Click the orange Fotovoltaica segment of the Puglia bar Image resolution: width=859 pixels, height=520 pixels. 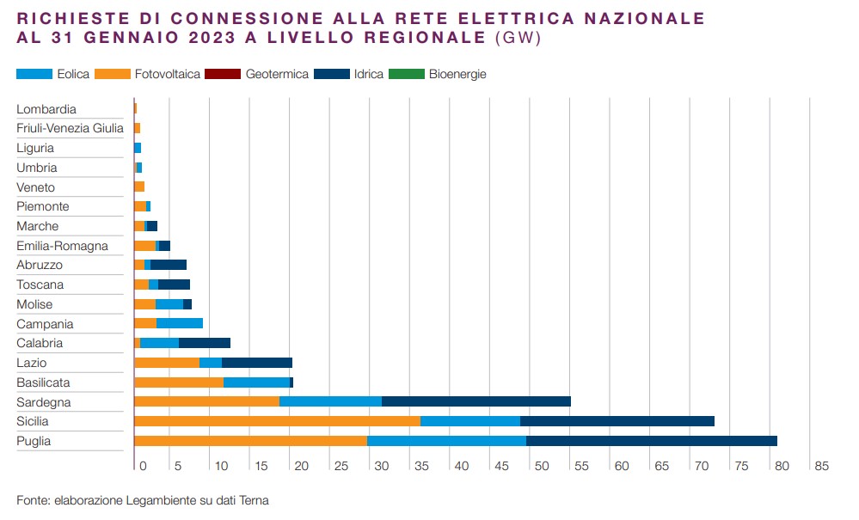pyautogui.click(x=250, y=441)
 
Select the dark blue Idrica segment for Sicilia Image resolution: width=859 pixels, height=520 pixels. pyautogui.click(x=617, y=421)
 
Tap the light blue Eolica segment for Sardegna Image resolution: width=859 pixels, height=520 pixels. pyautogui.click(x=330, y=401)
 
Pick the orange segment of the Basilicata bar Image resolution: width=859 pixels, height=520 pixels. pyautogui.click(x=178, y=382)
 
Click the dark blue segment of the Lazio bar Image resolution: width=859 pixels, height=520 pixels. pyautogui.click(x=256, y=363)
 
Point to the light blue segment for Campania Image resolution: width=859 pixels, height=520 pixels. pyautogui.click(x=179, y=323)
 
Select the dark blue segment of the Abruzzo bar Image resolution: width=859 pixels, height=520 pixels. pyautogui.click(x=168, y=265)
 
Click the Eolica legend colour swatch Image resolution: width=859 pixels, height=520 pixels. pyautogui.click(x=34, y=74)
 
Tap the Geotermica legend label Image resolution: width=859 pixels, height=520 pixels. pyautogui.click(x=277, y=74)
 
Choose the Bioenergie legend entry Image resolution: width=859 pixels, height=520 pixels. pyautogui.click(x=457, y=74)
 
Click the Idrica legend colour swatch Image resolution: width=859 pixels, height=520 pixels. pyautogui.click(x=331, y=74)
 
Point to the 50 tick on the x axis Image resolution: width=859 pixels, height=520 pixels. pyautogui.click(x=540, y=466)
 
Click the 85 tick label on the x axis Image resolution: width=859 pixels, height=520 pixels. pyautogui.click(x=821, y=466)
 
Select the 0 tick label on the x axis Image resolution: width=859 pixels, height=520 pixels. pyautogui.click(x=143, y=466)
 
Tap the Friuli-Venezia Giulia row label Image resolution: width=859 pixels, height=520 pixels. pyautogui.click(x=70, y=129)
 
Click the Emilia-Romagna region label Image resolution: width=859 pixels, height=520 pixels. pyautogui.click(x=62, y=246)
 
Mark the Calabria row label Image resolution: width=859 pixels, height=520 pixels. pyautogui.click(x=40, y=343)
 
